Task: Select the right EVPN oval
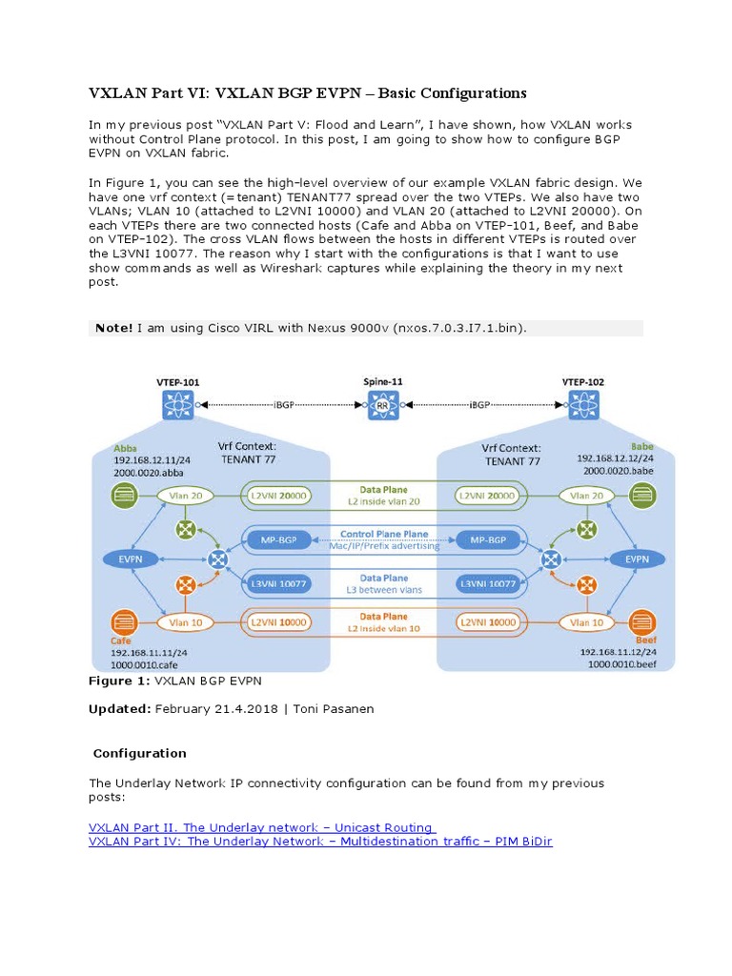[635, 559]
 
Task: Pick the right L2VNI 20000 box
[486, 496]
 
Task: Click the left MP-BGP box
[278, 540]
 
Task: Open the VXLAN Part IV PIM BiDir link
[320, 842]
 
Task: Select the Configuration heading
[139, 753]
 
